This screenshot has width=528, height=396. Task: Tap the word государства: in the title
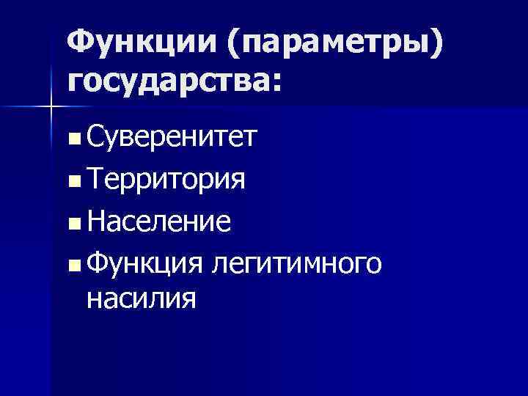pos(173,79)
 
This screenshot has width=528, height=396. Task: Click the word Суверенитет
pos(170,136)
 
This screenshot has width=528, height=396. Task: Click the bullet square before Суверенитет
pos(76,137)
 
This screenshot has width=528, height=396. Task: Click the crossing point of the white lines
pos(51,106)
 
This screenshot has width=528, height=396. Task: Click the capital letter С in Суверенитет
pos(95,136)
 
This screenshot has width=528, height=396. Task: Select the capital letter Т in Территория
pos(94,178)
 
